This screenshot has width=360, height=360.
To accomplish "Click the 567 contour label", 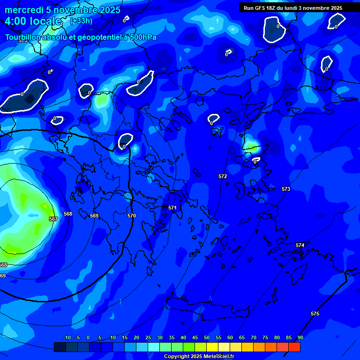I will click(x=53, y=219).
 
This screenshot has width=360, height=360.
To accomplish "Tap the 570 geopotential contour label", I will click(x=132, y=216).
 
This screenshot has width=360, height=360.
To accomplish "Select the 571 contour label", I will click(x=172, y=208).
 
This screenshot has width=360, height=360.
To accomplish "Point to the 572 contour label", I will click(x=223, y=176).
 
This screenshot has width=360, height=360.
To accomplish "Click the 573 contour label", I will click(x=286, y=189).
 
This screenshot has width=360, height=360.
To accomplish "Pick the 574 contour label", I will click(x=300, y=245).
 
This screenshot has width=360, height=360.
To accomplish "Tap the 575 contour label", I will click(x=315, y=314).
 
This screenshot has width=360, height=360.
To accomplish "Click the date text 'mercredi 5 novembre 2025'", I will click(x=63, y=10).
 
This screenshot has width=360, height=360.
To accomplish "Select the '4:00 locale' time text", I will click(x=33, y=21).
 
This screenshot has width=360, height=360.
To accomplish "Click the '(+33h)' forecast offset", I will click(x=81, y=21).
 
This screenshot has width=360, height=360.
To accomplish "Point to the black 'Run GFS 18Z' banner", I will click(x=293, y=8).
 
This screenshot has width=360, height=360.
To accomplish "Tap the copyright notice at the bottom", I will click(x=199, y=357).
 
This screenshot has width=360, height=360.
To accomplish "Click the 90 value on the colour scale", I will click(x=300, y=337).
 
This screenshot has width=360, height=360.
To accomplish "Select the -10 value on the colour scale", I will click(x=67, y=337).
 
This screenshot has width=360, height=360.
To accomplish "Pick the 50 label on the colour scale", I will click(x=206, y=337).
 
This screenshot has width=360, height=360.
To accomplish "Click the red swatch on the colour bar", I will click(x=294, y=347).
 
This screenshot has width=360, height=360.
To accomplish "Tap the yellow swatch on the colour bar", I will click(x=212, y=347).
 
